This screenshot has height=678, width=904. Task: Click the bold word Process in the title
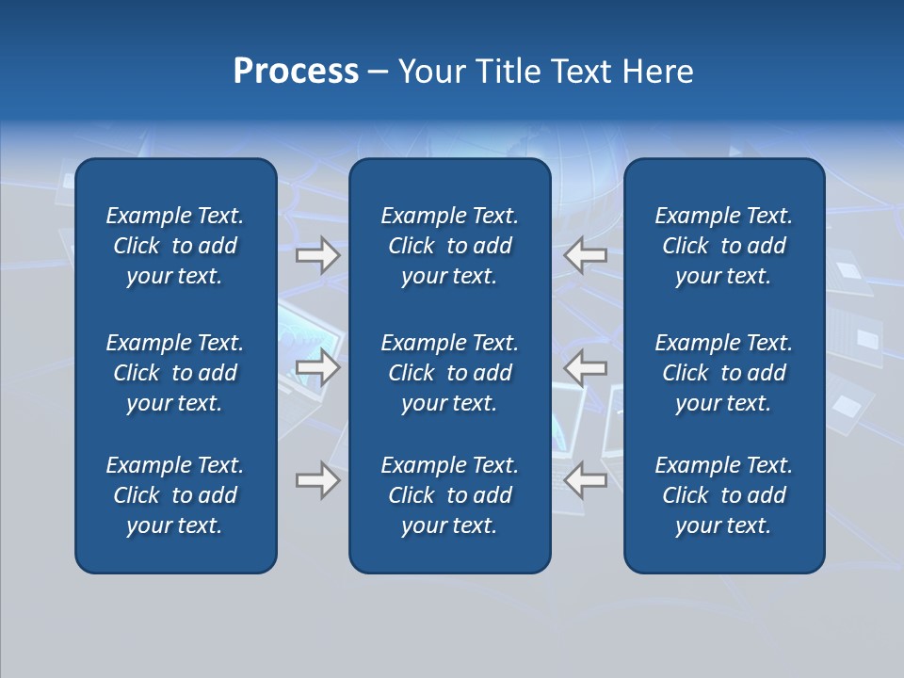point(296,72)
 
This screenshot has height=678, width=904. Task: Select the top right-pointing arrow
point(318,255)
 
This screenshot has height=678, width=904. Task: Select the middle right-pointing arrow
point(318,367)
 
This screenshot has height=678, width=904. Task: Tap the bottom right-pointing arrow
point(318,481)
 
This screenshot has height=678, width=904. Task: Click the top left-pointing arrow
point(586,255)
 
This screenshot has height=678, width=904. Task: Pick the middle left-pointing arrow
point(586,367)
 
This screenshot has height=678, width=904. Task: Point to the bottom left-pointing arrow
point(586,481)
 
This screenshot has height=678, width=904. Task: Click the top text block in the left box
point(175,246)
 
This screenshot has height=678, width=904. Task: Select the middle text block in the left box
point(175,373)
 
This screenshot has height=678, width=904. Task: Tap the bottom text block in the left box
point(175,495)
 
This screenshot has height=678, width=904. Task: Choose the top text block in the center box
point(449,246)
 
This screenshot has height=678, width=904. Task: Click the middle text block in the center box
point(449,373)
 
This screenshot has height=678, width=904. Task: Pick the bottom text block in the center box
point(449,495)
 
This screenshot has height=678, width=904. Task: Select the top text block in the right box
point(723,246)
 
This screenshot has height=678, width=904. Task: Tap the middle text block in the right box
point(723,373)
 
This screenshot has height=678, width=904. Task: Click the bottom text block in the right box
point(723,495)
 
